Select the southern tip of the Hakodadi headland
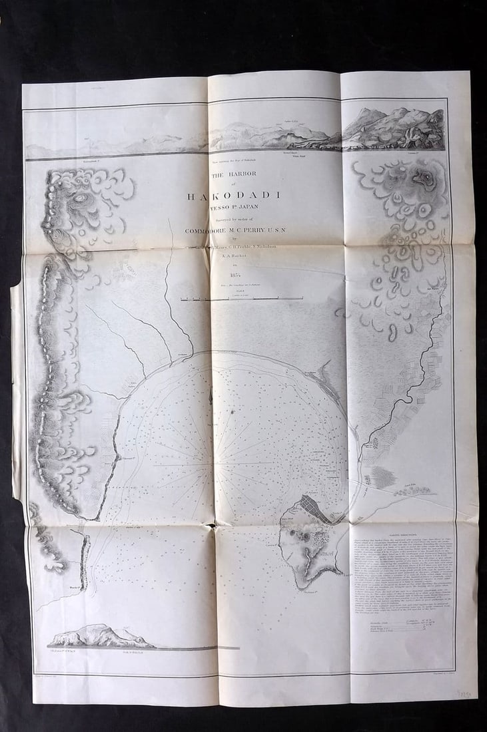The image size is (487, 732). pyautogui.click(x=309, y=584)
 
